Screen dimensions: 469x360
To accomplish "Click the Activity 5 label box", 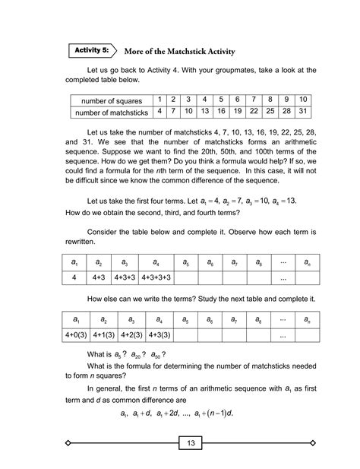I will click(x=92, y=50).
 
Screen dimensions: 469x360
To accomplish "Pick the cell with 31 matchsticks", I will click(x=302, y=112).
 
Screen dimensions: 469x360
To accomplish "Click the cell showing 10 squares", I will click(x=302, y=100).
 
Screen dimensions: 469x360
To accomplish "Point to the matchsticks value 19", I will click(x=238, y=112).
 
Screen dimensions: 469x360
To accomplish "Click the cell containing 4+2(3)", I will click(x=120, y=335).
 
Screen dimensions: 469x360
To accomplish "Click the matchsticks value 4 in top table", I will click(x=159, y=112).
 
